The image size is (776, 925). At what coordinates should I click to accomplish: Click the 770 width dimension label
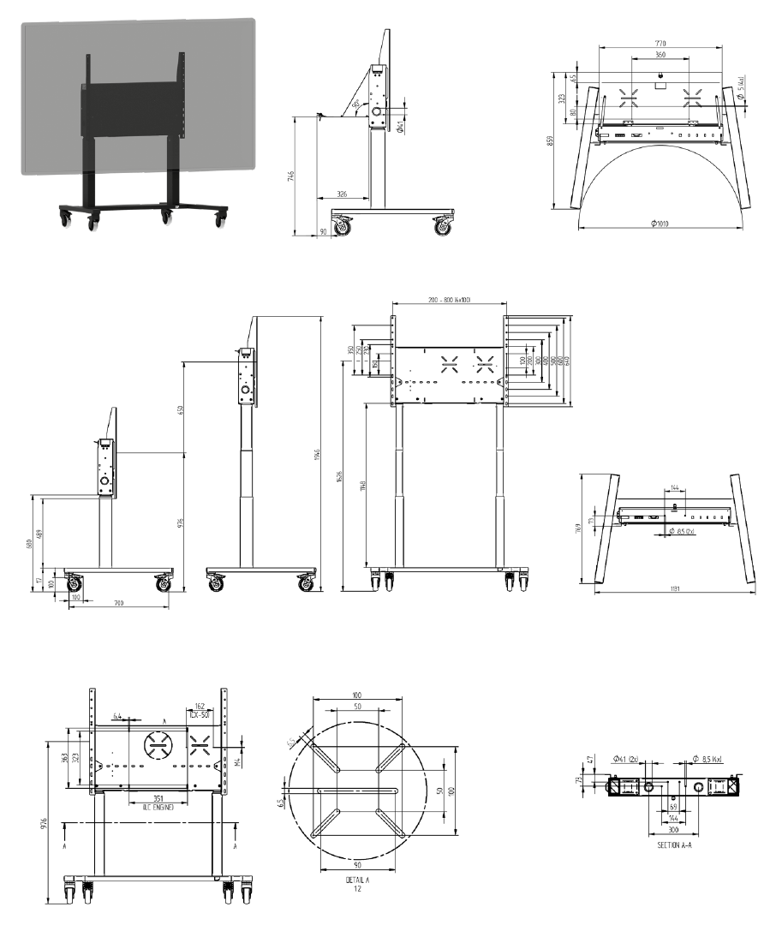(660, 43)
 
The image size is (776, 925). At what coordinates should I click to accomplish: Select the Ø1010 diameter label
(659, 224)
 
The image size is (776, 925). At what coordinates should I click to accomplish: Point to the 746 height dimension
(291, 176)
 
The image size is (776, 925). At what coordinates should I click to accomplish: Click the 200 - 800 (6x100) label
(449, 299)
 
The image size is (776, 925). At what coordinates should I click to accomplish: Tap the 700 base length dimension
(119, 604)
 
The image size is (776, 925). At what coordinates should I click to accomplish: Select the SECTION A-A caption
(674, 845)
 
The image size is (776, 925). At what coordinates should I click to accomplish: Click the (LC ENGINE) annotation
(153, 808)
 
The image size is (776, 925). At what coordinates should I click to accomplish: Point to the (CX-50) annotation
(200, 714)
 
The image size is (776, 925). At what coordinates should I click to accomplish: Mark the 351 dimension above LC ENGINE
(153, 799)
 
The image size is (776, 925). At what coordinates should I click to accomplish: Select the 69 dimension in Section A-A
(673, 807)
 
